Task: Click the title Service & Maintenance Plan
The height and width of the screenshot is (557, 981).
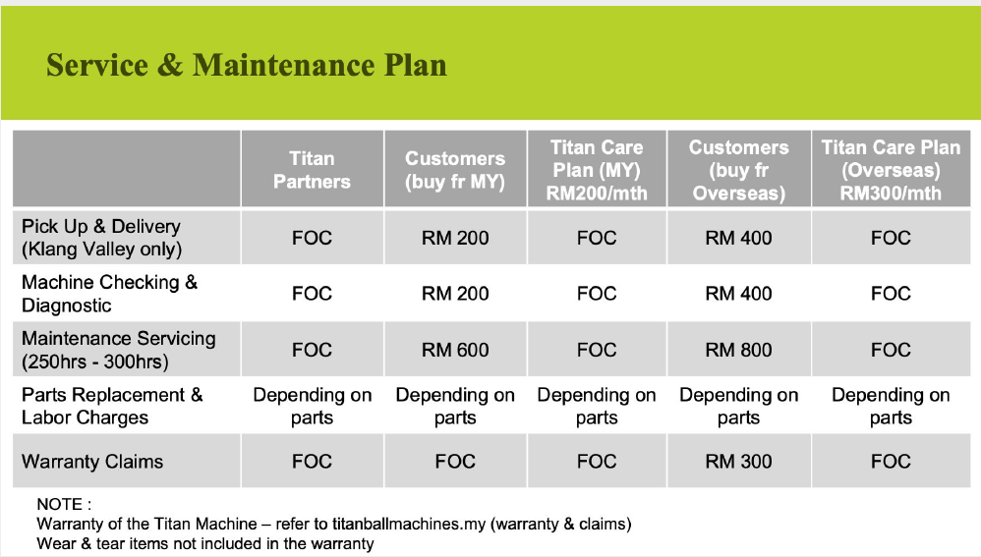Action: [x=247, y=65]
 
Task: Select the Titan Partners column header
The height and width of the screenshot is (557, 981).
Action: [x=312, y=169]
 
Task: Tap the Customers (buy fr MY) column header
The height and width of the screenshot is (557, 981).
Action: [x=455, y=169]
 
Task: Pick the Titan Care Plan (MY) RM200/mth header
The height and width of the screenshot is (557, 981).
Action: [x=597, y=169]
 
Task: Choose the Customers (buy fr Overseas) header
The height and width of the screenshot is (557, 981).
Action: [x=739, y=169]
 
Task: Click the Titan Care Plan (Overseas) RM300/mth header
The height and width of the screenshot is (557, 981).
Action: [x=891, y=169]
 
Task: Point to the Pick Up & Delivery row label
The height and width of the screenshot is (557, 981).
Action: [x=101, y=238]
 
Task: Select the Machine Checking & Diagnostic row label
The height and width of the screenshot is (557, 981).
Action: [x=109, y=293]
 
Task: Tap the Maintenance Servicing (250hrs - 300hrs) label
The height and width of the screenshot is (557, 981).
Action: [x=119, y=350]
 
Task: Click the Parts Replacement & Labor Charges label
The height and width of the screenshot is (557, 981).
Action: [x=112, y=406]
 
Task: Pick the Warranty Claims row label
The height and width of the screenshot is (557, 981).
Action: [x=92, y=462]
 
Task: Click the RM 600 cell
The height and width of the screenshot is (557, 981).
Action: [x=455, y=350]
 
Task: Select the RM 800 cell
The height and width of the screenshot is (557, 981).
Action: [x=739, y=350]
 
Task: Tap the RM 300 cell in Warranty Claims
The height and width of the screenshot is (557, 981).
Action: [x=739, y=462]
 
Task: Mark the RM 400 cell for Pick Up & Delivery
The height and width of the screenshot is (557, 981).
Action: [x=739, y=238]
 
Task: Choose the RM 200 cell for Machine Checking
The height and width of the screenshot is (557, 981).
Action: [x=455, y=293]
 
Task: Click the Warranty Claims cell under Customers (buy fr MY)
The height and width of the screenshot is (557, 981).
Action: [x=455, y=462]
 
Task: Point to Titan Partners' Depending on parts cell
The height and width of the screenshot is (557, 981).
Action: [x=313, y=406]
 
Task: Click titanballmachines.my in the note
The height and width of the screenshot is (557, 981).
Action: [x=409, y=524]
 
